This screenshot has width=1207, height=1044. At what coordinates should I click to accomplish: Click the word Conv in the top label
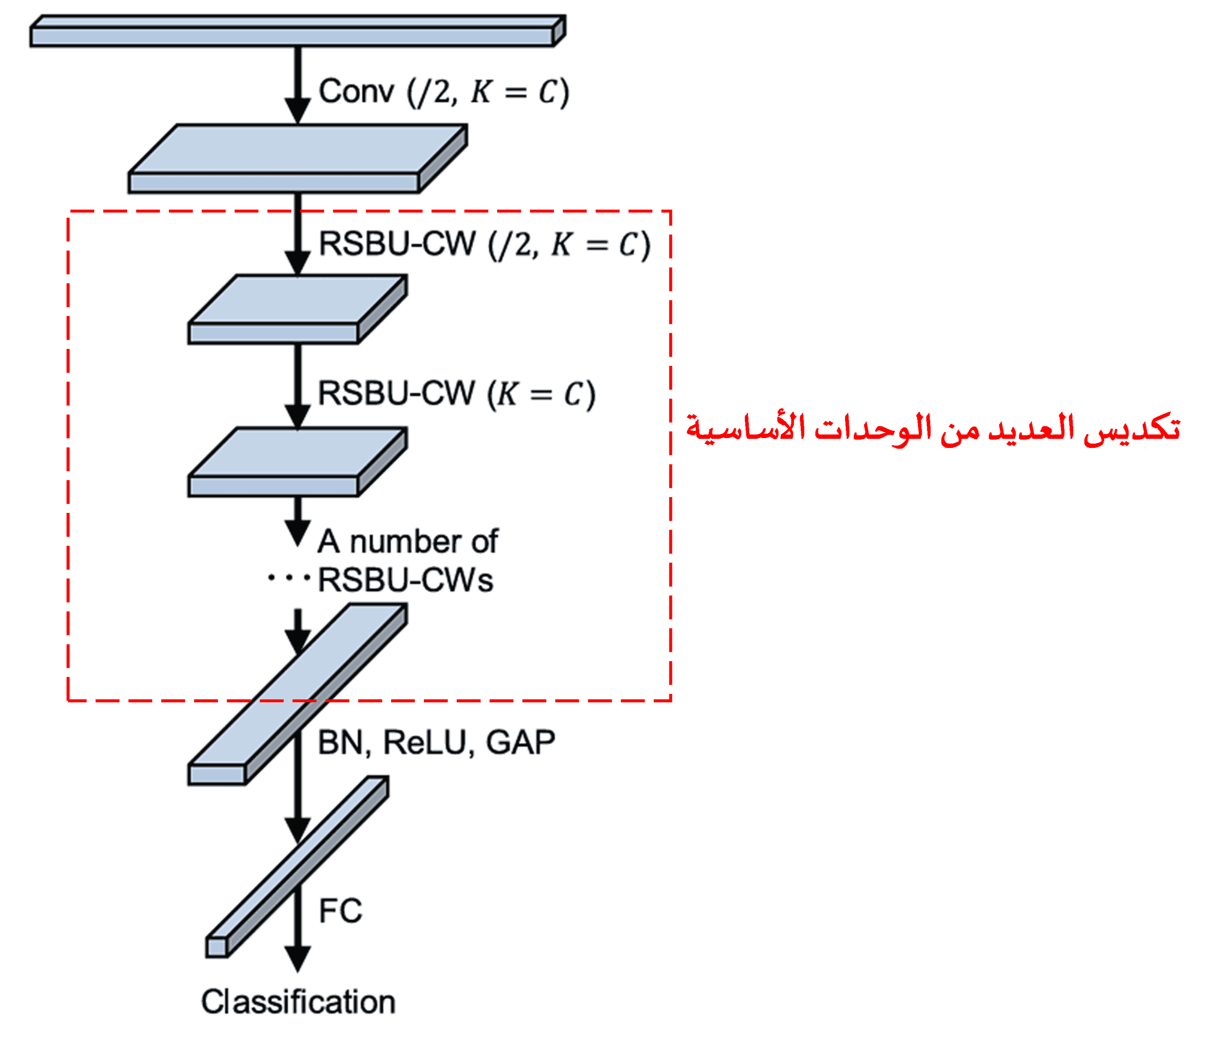pos(356,91)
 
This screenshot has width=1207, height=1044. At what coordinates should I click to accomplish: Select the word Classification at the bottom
pos(298,1002)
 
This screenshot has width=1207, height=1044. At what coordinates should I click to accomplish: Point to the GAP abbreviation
pos(521,743)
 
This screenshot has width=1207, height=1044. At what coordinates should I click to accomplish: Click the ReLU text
pos(425,743)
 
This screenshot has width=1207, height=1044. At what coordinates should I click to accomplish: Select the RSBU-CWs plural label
pos(406,580)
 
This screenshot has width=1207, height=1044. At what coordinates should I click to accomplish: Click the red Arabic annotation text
pos(932,428)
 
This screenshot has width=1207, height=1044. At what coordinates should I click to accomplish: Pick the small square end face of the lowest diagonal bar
pos(216,947)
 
